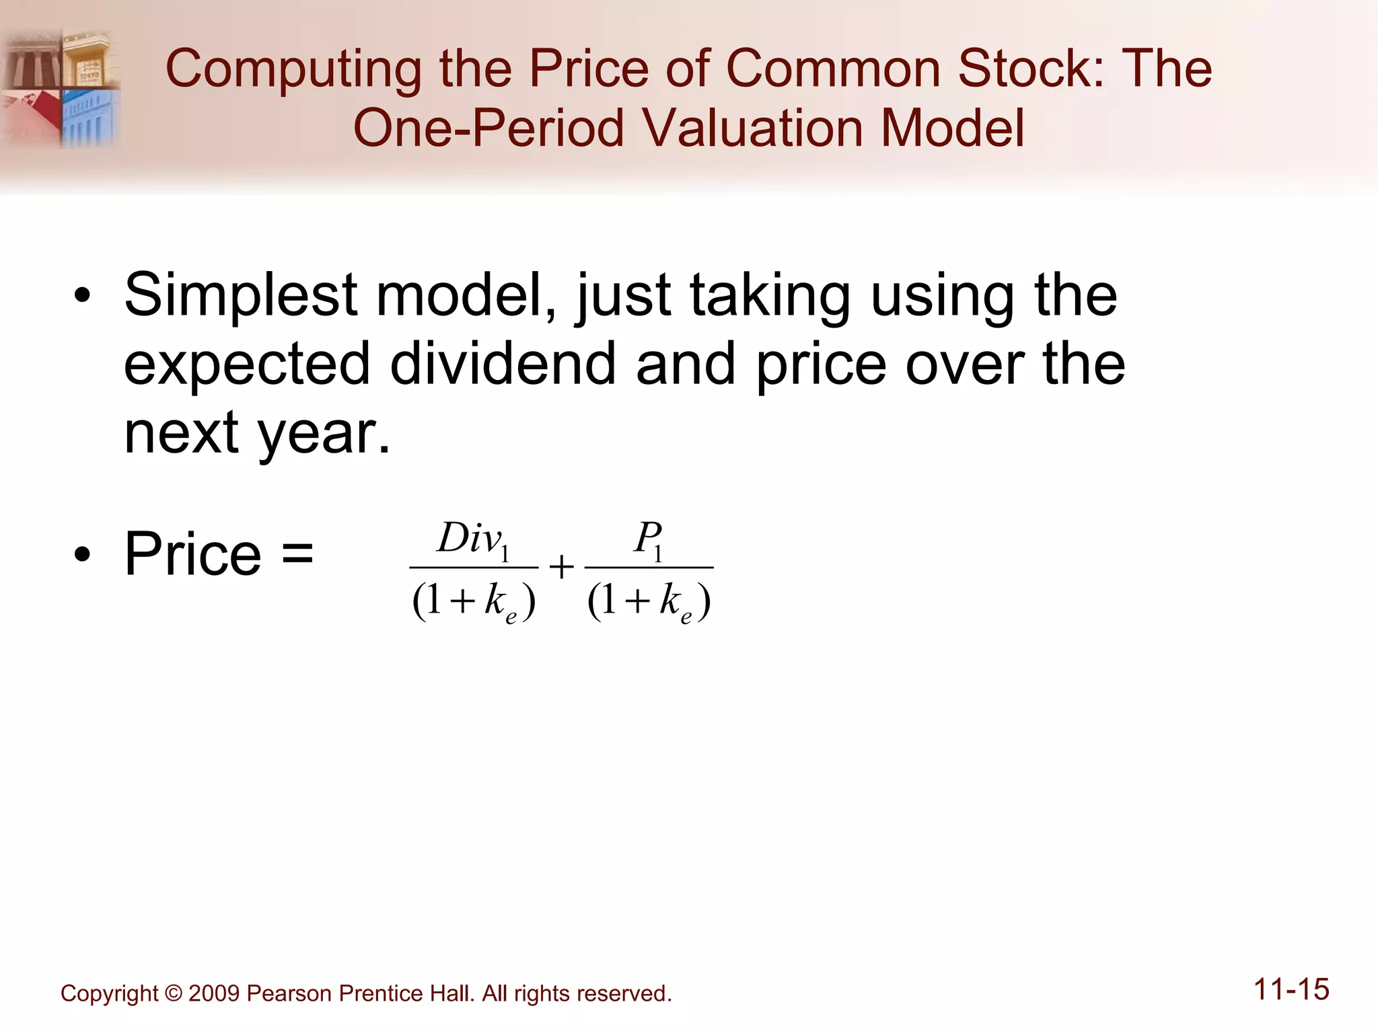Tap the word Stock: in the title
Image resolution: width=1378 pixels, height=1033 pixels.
[x=1031, y=69]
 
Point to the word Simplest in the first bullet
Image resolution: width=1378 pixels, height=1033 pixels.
[x=240, y=296]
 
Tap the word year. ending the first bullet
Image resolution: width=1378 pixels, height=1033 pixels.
[x=324, y=434]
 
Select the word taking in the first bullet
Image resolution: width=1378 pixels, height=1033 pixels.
[x=770, y=296]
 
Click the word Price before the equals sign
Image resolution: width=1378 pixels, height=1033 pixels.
[x=193, y=554]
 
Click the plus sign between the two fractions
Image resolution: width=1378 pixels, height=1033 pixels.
[x=561, y=568]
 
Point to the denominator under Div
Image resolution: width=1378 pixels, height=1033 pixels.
[x=474, y=601]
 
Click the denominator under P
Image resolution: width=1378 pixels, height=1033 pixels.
[x=649, y=601]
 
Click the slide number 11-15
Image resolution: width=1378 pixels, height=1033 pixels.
[x=1291, y=990]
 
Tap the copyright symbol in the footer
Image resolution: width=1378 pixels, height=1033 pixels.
[x=173, y=994]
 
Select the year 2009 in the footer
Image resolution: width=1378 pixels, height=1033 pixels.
[x=213, y=994]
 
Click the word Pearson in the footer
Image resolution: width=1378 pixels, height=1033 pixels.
[x=289, y=994]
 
